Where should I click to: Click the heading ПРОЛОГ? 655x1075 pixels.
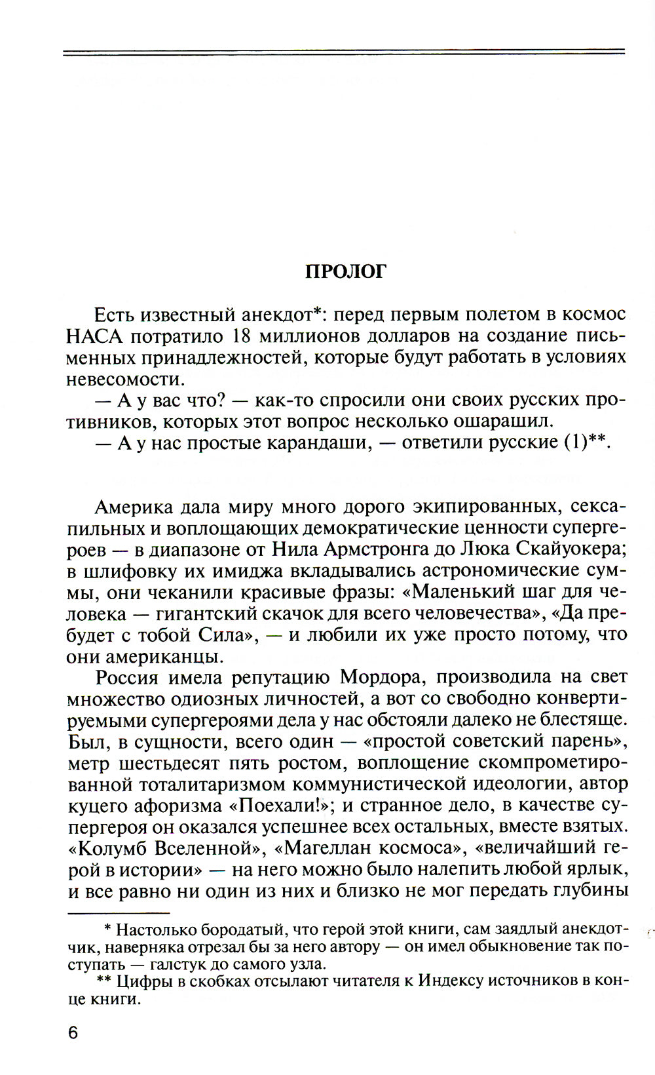click(x=346, y=271)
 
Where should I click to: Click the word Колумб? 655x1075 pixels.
click(x=109, y=848)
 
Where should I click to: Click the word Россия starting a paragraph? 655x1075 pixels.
click(x=128, y=677)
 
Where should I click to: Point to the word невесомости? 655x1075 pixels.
click(x=124, y=380)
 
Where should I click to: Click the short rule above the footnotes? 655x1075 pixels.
click(x=118, y=912)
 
